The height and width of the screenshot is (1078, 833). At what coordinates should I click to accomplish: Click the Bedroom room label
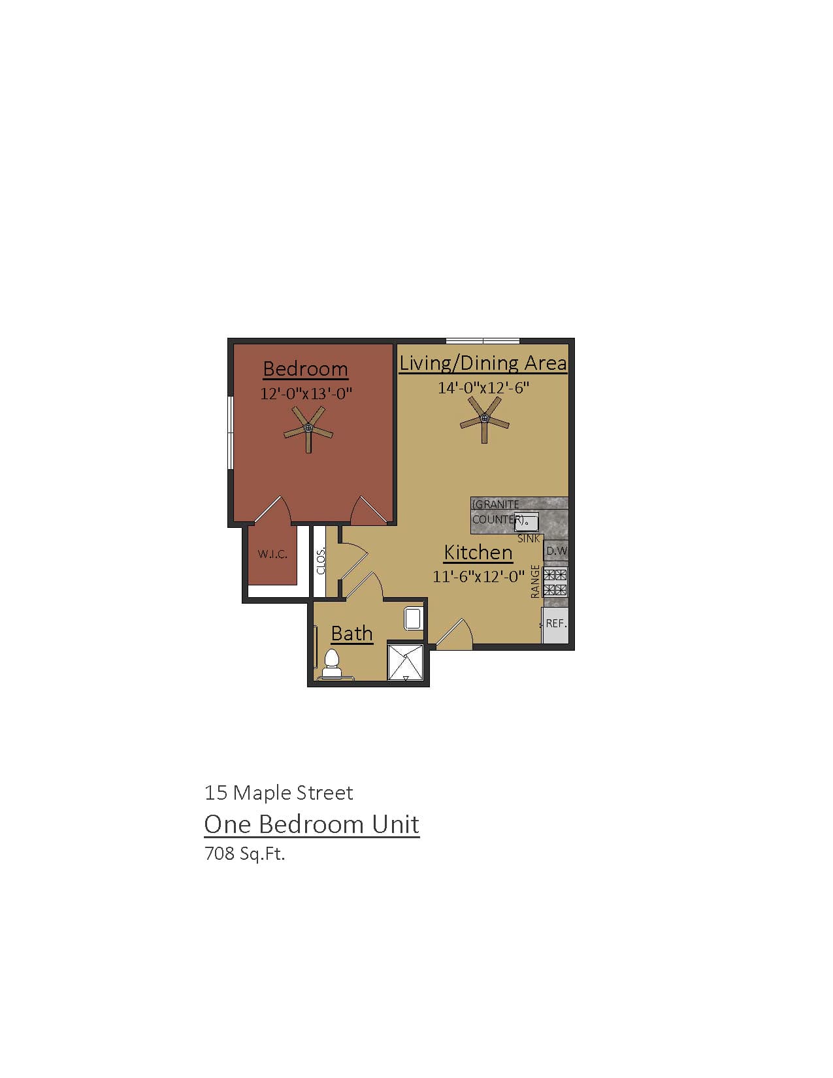tap(305, 369)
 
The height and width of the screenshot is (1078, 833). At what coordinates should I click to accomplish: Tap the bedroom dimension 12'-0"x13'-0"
tap(306, 394)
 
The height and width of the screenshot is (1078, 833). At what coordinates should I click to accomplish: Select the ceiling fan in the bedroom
tap(308, 429)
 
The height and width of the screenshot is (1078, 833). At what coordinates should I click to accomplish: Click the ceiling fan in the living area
tap(484, 419)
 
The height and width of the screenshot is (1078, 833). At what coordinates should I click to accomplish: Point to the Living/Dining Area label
tap(483, 363)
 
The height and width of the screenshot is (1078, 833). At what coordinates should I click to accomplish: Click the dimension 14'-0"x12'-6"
tap(483, 387)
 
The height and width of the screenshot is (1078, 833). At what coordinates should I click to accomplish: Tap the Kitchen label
tap(478, 553)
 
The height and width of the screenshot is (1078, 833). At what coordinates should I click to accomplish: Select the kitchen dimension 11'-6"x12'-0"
tap(478, 577)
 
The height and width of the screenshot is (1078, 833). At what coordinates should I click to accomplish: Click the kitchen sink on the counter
tap(527, 522)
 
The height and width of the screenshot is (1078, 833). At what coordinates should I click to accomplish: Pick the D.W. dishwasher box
tap(556, 551)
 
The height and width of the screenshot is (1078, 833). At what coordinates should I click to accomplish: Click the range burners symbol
tap(555, 582)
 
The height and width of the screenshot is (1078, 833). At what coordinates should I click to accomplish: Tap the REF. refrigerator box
tap(555, 624)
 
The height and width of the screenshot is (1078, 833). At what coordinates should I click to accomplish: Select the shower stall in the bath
tap(406, 662)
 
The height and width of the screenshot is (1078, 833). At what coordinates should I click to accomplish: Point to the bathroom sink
tap(414, 618)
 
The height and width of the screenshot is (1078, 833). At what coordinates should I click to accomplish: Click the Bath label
tap(351, 634)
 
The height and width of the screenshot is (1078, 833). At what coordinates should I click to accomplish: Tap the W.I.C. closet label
tap(272, 554)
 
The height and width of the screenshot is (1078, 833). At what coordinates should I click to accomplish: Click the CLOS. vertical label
tap(321, 561)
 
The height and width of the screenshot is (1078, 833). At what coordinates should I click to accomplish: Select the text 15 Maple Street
tap(278, 792)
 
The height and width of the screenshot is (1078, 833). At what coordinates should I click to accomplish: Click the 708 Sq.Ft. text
tap(245, 853)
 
